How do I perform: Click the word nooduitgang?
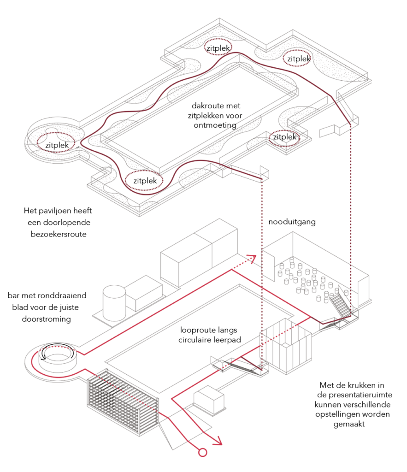point(292,222)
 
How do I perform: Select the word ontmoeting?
point(215,125)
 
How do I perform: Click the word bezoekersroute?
point(59,234)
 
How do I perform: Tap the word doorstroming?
point(47,319)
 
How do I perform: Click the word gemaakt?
point(349,424)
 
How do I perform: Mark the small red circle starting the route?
point(203,452)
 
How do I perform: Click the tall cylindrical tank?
point(114,303)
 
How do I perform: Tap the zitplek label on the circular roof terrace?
point(57,145)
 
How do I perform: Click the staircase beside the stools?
point(341,305)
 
